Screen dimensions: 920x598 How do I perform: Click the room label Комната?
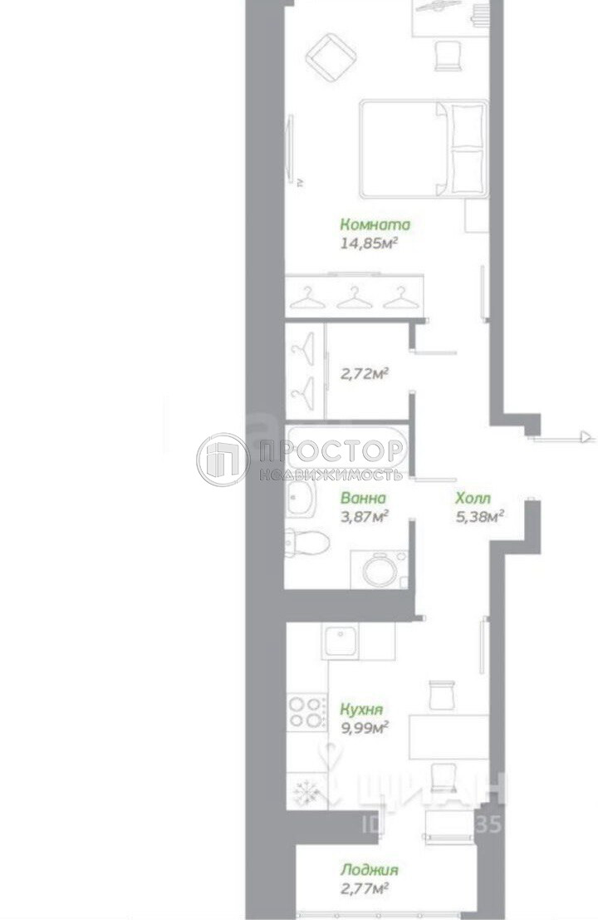pos(375,224)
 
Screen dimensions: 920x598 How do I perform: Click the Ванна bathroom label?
pos(363,499)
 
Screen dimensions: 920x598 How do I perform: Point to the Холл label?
pos(473,499)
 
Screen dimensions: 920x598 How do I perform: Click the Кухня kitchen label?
pos(361,709)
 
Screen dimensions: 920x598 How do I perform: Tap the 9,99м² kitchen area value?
pos(365,728)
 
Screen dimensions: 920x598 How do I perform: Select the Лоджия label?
pos(369,870)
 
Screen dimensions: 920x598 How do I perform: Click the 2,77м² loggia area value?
pos(365,889)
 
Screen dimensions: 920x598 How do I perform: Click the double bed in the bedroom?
pos(423,149)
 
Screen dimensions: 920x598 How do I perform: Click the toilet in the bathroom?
pos(306,542)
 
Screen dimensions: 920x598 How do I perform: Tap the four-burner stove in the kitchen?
pos(306,712)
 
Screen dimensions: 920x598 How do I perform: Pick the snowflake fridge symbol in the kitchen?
pos(306,792)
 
